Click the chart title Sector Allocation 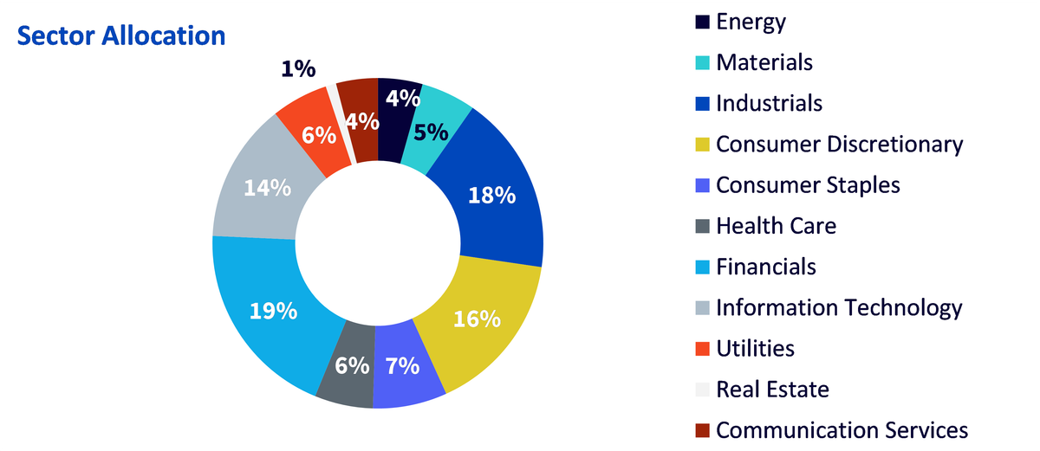121,35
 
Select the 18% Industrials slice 492,195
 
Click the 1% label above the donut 298,69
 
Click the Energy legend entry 740,22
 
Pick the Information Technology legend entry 829,308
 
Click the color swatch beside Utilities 703,349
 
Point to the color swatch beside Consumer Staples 703,185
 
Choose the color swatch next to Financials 703,267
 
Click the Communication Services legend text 842,430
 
